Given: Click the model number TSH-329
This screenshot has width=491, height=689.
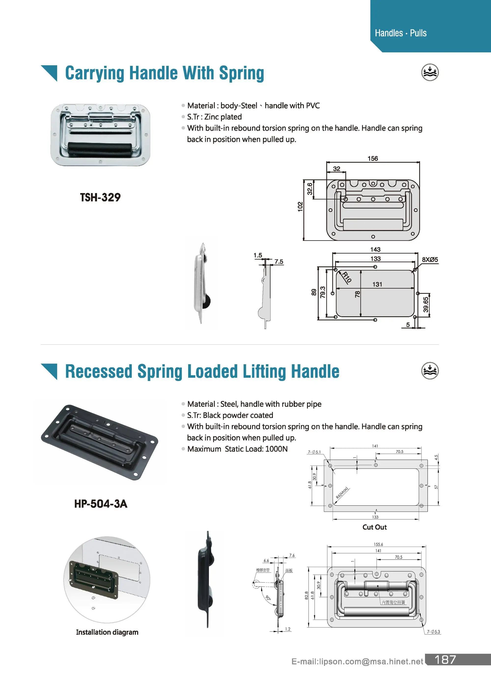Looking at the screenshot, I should (x=100, y=197).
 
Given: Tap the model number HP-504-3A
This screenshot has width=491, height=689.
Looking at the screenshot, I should (x=100, y=504).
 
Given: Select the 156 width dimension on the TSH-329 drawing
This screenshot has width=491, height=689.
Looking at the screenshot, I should (x=372, y=158).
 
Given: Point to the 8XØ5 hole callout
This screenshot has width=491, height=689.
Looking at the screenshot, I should (x=430, y=259).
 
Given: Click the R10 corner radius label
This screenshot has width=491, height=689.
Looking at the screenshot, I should (x=347, y=277).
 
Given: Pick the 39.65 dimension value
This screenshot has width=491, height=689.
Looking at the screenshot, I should (x=426, y=305).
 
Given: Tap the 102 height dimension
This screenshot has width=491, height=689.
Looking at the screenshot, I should (x=300, y=207).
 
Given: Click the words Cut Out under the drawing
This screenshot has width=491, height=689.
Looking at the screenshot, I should (x=374, y=527).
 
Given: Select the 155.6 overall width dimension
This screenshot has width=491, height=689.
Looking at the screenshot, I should (x=378, y=544).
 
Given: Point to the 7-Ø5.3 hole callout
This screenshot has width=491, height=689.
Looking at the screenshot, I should (x=434, y=632).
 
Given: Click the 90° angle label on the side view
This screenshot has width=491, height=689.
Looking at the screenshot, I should (x=268, y=598).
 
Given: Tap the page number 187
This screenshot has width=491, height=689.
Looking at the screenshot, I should (x=445, y=660).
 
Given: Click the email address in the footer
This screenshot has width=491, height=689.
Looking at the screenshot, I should (x=357, y=661).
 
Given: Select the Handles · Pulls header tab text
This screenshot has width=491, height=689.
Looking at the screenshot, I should (x=400, y=33).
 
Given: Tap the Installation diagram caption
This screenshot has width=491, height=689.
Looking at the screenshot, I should (x=107, y=632).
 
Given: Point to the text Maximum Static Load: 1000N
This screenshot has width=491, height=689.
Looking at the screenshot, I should (x=237, y=449).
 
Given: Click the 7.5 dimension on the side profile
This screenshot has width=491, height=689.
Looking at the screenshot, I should (x=279, y=262).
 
